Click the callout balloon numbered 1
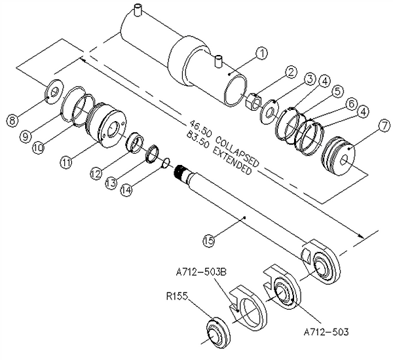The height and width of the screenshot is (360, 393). [261, 52]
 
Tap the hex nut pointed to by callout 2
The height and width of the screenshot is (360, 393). [250, 103]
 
